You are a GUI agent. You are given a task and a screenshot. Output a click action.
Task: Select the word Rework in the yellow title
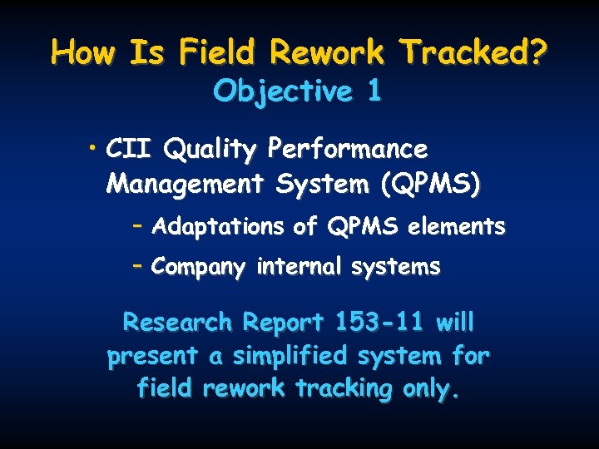tap(327, 53)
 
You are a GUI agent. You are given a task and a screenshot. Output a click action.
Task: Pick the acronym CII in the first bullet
tap(131, 150)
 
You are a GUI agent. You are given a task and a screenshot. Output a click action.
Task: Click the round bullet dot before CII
tap(97, 149)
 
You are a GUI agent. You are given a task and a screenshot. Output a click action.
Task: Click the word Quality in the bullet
tap(211, 150)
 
